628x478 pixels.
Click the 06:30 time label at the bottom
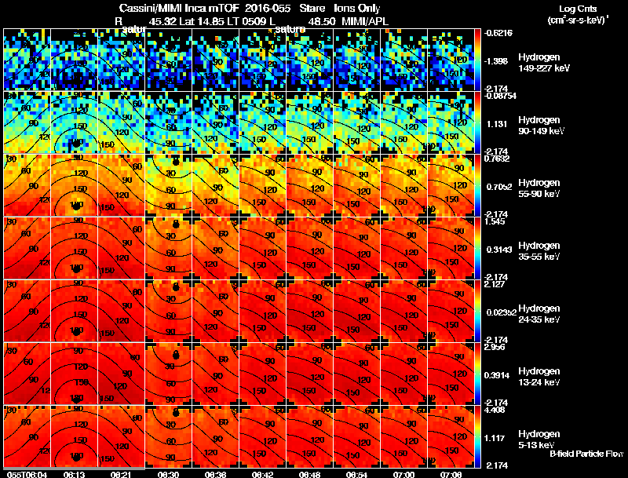(169, 474)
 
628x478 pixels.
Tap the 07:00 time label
(405, 474)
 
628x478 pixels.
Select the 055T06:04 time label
(25, 474)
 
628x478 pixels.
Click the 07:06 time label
(451, 474)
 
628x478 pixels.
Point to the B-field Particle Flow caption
(586, 454)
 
